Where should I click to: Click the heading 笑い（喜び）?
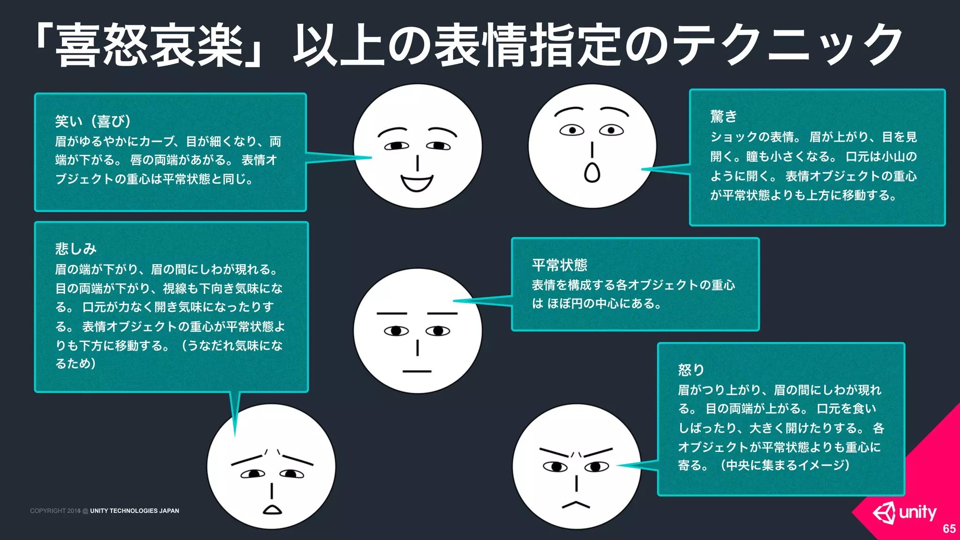92,121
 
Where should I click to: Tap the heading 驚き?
723,116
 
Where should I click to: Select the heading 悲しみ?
75,249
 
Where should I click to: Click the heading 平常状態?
559,265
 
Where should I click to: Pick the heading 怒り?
690,370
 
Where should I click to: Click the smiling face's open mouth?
417,183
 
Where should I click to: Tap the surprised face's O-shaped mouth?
592,172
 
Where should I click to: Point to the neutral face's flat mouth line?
417,371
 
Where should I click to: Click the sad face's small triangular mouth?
272,510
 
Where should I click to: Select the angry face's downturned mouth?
576,505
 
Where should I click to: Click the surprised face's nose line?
592,150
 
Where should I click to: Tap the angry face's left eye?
555,466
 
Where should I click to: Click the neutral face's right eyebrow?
442,313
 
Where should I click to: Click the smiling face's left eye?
397,146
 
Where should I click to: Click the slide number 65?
949,529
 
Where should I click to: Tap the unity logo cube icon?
884,513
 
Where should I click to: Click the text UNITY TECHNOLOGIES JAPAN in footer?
135,511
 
